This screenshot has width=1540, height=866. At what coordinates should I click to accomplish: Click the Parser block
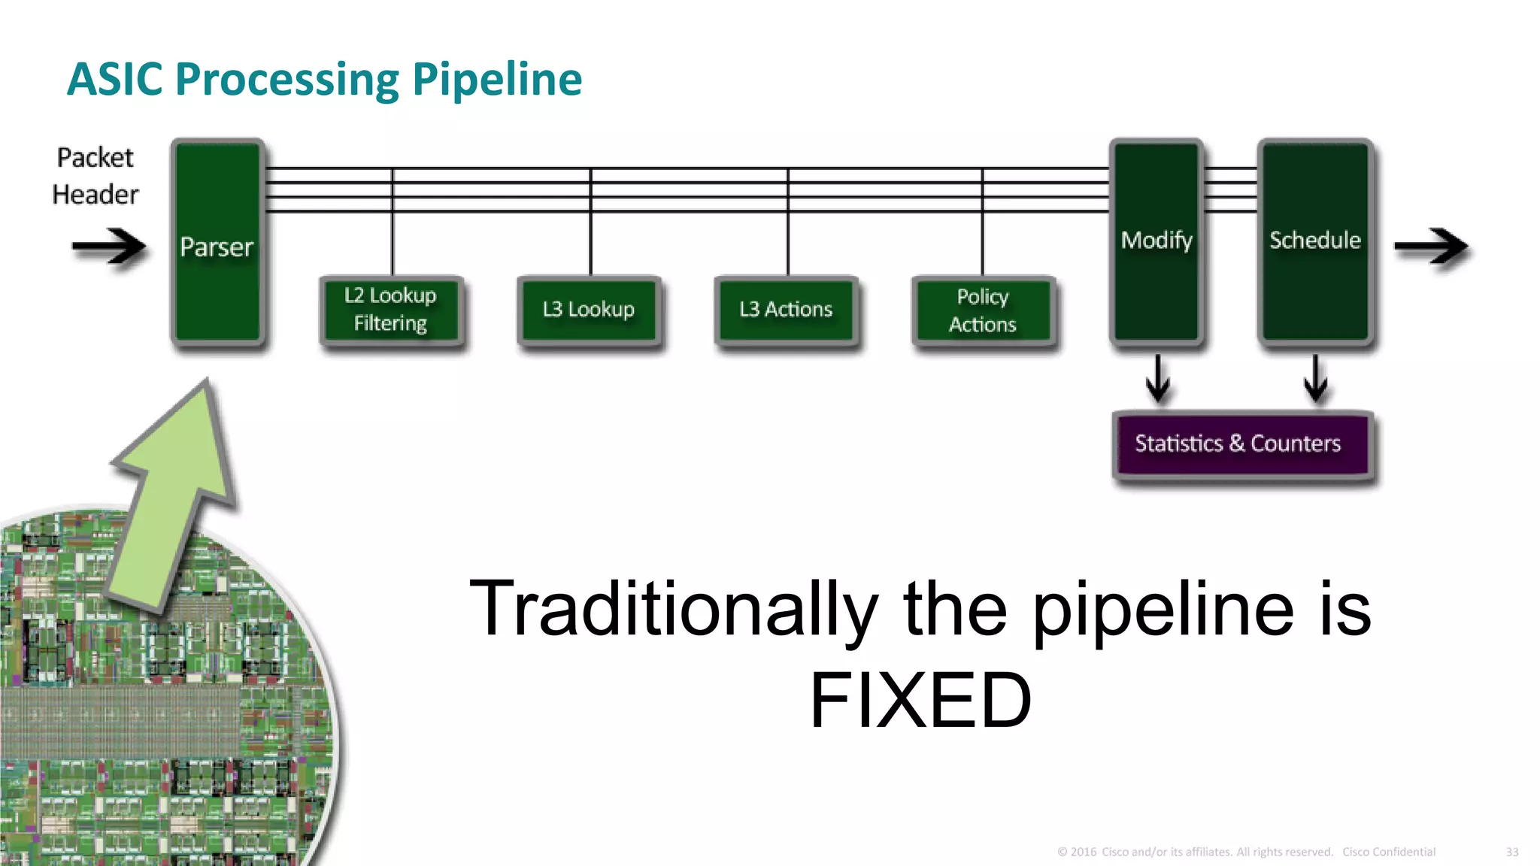tap(217, 242)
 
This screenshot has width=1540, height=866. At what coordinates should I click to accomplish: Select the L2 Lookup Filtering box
tap(391, 310)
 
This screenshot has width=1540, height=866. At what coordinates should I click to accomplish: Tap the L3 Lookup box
tap(589, 310)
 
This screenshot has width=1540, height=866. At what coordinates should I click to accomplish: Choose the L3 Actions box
tap(786, 310)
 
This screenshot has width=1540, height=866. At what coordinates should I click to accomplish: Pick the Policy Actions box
tap(983, 310)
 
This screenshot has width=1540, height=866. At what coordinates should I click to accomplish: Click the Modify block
tap(1157, 241)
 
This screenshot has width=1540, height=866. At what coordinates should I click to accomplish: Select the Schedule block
tap(1315, 241)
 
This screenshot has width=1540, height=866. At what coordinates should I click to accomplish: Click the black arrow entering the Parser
tap(109, 246)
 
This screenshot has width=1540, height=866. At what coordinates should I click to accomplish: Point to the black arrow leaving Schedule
tap(1430, 246)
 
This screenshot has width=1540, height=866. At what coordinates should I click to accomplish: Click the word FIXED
tap(920, 701)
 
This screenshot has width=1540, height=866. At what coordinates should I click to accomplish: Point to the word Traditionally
tap(673, 609)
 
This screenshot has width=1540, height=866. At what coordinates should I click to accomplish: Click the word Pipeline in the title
tap(497, 80)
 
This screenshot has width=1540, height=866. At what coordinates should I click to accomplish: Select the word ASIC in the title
tap(114, 80)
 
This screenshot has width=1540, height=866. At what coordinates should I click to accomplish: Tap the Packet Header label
tap(95, 176)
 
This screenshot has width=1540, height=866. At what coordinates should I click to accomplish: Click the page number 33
tap(1511, 852)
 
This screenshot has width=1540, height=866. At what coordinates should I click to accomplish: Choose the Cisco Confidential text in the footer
tap(1388, 852)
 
